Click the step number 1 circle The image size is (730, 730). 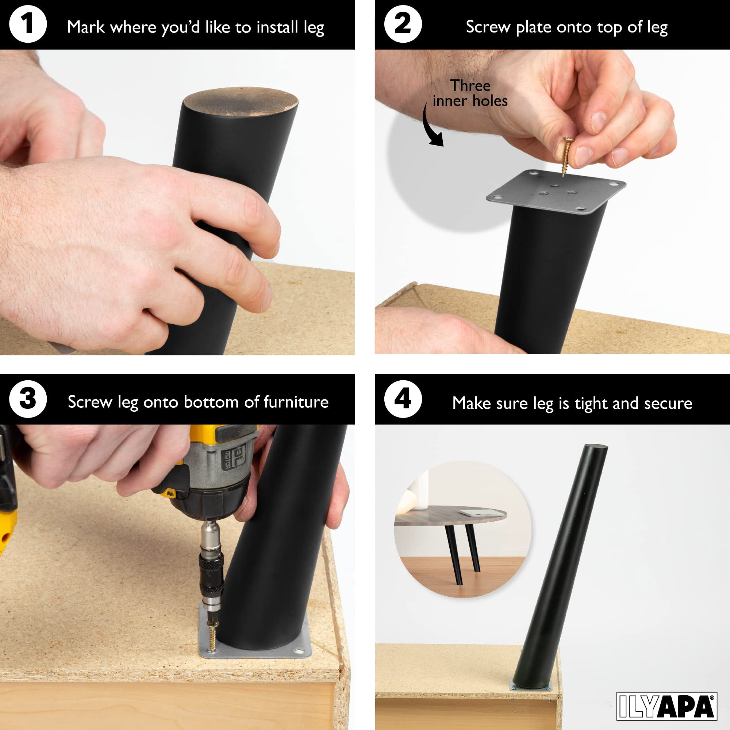tap(28, 24)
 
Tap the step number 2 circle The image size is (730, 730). tap(403, 24)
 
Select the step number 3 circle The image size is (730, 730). tap(28, 399)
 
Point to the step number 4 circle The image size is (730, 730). tap(403, 399)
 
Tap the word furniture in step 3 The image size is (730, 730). tap(296, 402)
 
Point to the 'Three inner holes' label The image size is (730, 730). tap(470, 93)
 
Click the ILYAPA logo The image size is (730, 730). tap(667, 706)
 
